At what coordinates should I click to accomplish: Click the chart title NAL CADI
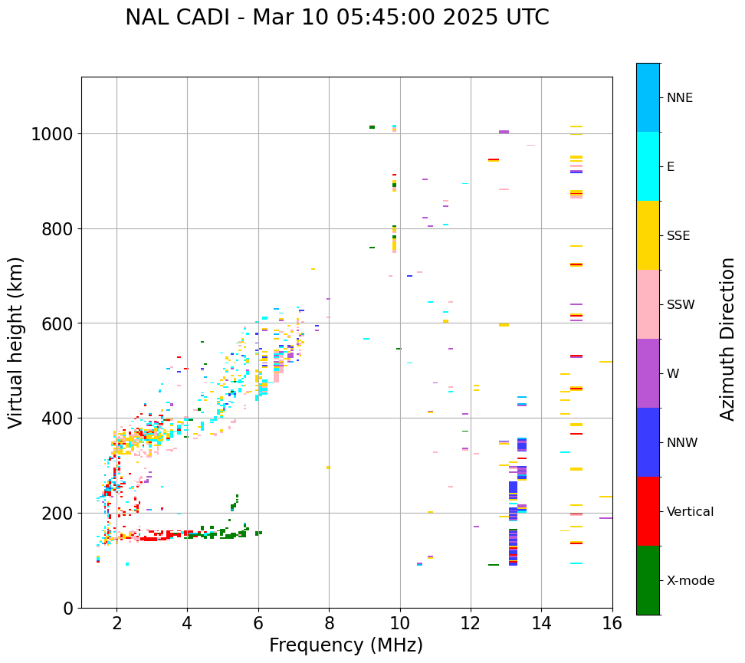[337, 18]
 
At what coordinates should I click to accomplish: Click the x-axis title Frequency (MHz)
[346, 645]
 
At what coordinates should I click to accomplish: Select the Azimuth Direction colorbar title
[727, 339]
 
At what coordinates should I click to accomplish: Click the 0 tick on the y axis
[67, 608]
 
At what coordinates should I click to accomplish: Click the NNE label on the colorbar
[679, 97]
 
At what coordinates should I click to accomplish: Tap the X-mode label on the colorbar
[690, 580]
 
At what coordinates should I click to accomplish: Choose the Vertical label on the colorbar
[690, 511]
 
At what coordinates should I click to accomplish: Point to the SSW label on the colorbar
[681, 304]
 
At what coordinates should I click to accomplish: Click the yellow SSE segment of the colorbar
[648, 235]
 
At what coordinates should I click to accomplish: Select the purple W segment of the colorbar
[648, 373]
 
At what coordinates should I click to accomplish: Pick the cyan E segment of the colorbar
[648, 166]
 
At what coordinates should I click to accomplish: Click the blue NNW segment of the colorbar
[648, 442]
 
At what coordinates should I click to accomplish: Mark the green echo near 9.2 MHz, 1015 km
[372, 127]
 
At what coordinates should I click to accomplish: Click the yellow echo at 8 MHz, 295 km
[328, 468]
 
